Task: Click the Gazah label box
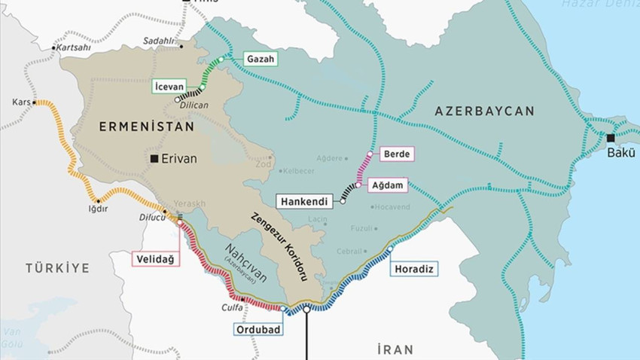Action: click(x=261, y=59)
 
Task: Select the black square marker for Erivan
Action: click(x=154, y=159)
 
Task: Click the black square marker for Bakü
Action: click(x=611, y=138)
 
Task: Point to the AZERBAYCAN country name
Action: click(x=484, y=111)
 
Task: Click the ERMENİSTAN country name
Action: click(x=146, y=128)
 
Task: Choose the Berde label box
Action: click(x=397, y=154)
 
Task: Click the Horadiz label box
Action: click(x=413, y=267)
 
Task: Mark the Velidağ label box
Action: click(x=154, y=259)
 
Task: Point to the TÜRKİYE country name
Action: click(x=57, y=268)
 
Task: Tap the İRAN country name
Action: click(x=395, y=349)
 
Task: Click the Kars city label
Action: click(x=20, y=102)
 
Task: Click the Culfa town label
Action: click(x=232, y=307)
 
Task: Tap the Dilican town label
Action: click(x=194, y=105)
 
